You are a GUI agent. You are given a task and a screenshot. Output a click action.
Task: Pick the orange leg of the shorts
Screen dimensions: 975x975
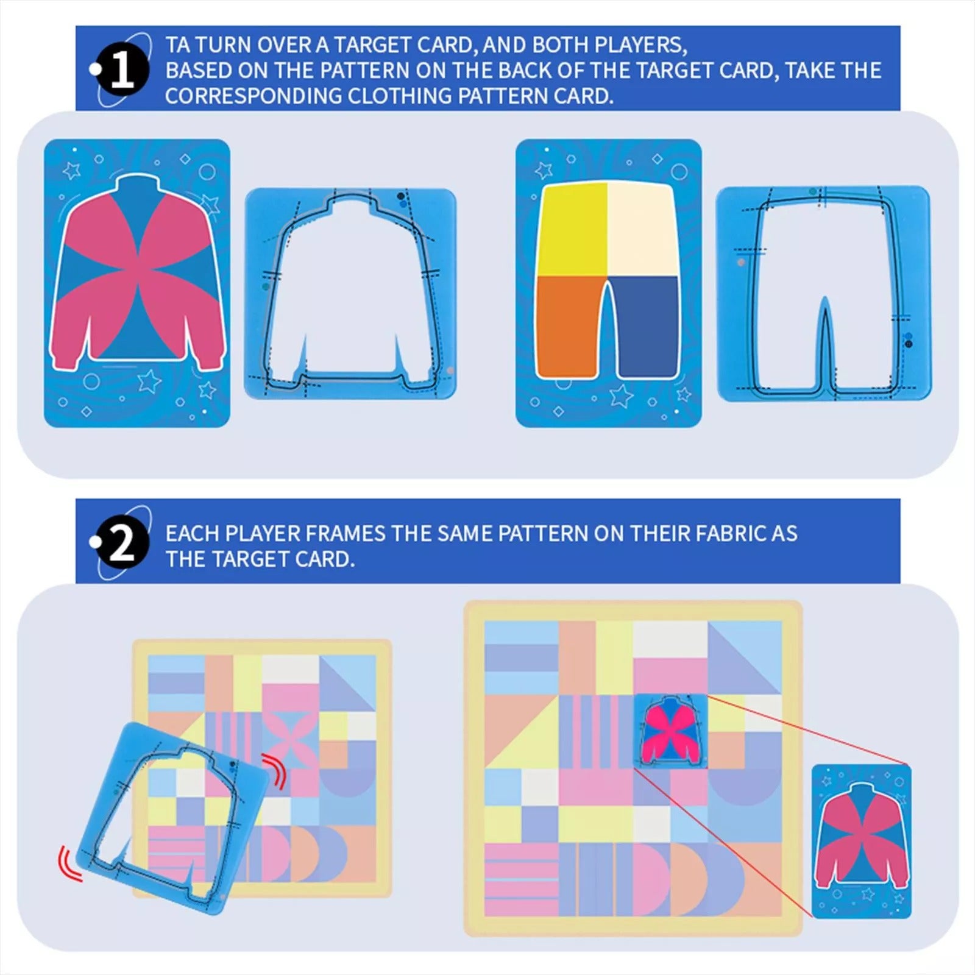[x=569, y=326]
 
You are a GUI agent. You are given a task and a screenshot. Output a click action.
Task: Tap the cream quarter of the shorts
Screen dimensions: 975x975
[x=642, y=229]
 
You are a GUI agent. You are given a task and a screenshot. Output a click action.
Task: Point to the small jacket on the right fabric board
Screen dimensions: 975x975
[x=670, y=731]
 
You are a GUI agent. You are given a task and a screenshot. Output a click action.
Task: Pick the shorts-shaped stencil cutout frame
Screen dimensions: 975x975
[x=823, y=294]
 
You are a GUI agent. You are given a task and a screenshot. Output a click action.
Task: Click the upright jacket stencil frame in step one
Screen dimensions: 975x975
[x=350, y=294]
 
